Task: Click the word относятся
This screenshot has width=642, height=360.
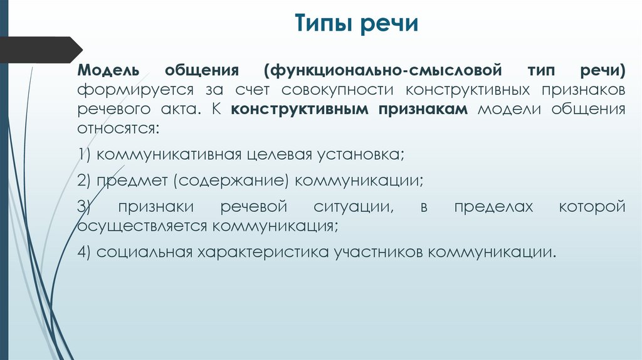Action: tap(118, 130)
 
